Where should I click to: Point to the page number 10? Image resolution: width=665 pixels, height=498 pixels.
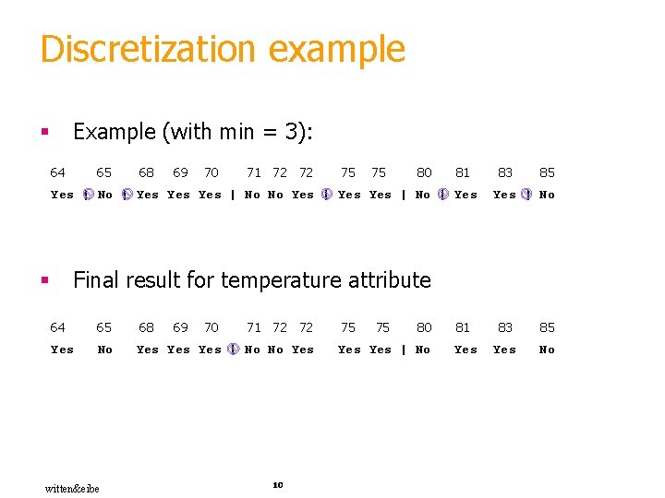[277, 484]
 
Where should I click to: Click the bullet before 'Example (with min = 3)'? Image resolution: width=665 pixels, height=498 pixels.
[43, 133]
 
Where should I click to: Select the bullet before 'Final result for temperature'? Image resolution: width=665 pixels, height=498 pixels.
[43, 280]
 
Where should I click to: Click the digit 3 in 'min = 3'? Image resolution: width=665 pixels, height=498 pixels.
[300, 132]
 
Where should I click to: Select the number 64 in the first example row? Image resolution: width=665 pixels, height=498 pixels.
[57, 172]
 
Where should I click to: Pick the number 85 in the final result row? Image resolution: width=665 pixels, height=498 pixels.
[548, 327]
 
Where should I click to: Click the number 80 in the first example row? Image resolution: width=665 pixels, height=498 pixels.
[424, 172]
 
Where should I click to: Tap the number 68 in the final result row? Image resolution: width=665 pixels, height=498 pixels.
[146, 327]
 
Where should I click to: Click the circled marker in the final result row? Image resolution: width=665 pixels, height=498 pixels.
[234, 350]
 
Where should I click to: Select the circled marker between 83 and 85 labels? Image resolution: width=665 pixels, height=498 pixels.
[526, 195]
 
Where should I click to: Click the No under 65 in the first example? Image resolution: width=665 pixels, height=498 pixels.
[105, 195]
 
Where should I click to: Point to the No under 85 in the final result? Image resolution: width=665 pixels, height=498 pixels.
[548, 350]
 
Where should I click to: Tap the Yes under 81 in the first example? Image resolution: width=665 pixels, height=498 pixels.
[466, 195]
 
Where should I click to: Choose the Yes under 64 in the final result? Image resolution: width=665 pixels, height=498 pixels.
[62, 350]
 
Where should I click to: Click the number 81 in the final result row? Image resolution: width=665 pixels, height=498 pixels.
[463, 327]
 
